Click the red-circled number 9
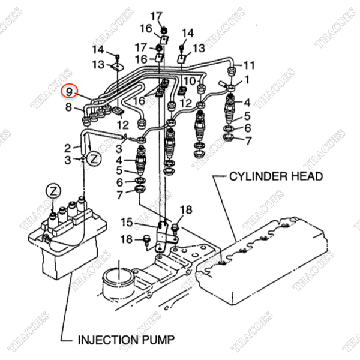[x=69, y=92]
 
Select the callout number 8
[x=68, y=107]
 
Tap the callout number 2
[x=67, y=148]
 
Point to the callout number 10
[x=190, y=81]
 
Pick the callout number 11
[x=249, y=65]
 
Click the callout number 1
[x=247, y=80]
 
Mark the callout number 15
[x=127, y=222]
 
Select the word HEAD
[x=303, y=176]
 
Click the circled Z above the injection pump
[x=53, y=191]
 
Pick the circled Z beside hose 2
[x=94, y=158]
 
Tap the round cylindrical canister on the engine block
[x=118, y=284]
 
